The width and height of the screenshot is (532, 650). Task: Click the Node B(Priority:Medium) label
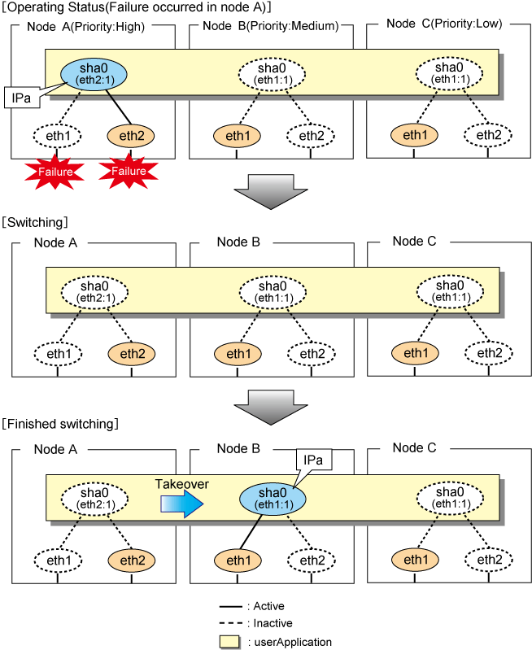[270, 26]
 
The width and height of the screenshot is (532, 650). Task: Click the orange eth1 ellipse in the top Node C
[416, 134]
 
